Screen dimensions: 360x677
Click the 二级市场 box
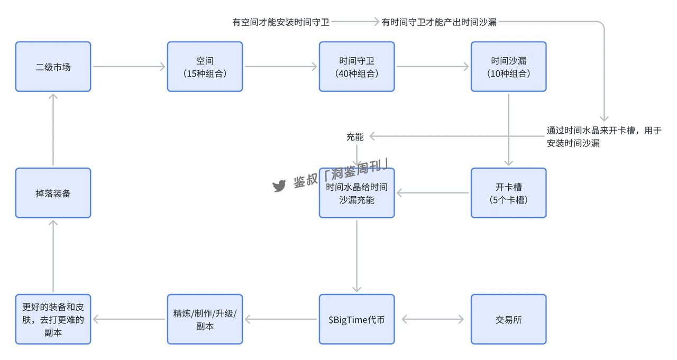tap(53, 67)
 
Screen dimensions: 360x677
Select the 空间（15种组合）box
tap(205, 67)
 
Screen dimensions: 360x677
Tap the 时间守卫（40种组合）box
tap(356, 67)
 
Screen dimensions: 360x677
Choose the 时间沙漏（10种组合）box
tap(508, 67)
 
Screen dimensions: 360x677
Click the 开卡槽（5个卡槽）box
tap(508, 193)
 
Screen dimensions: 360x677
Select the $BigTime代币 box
tap(356, 319)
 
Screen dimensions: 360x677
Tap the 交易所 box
tap(508, 319)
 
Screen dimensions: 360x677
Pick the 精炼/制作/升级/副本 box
tap(205, 319)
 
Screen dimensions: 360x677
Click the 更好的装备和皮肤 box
tap(53, 319)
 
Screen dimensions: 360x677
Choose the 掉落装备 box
tap(53, 193)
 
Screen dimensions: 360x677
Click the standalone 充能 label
tap(355, 137)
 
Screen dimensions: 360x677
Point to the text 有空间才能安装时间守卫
tap(281, 22)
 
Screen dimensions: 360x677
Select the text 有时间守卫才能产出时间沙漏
tap(439, 22)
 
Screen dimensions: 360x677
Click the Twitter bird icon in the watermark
tap(279, 186)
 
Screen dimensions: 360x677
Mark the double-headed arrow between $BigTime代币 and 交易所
tap(433, 319)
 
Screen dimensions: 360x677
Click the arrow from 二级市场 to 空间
tap(129, 67)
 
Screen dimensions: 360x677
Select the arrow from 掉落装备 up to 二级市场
tap(53, 130)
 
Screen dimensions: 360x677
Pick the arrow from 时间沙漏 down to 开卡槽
tap(508, 130)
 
